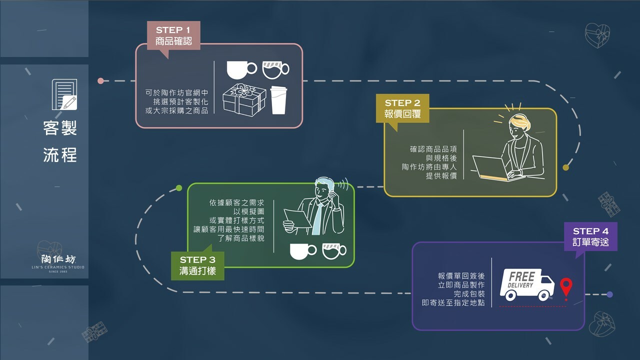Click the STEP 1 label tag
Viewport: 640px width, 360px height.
pos(173,35)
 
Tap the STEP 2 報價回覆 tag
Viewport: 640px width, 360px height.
pos(402,108)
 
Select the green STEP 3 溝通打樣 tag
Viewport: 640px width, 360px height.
pos(197,265)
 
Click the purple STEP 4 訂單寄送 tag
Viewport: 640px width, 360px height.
pos(590,237)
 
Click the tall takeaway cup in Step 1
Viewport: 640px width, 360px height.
pos(278,100)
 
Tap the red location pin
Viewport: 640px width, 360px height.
pos(565,288)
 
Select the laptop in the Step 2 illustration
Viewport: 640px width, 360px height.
pos(492,168)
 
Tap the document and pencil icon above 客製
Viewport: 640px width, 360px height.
pos(64,94)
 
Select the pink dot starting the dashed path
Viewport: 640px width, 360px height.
pos(101,80)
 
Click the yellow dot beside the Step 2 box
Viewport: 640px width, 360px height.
pos(565,167)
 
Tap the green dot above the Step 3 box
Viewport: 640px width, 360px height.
pos(179,188)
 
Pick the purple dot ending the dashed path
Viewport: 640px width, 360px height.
pos(609,294)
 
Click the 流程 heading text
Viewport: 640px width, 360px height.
pos(60,154)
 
